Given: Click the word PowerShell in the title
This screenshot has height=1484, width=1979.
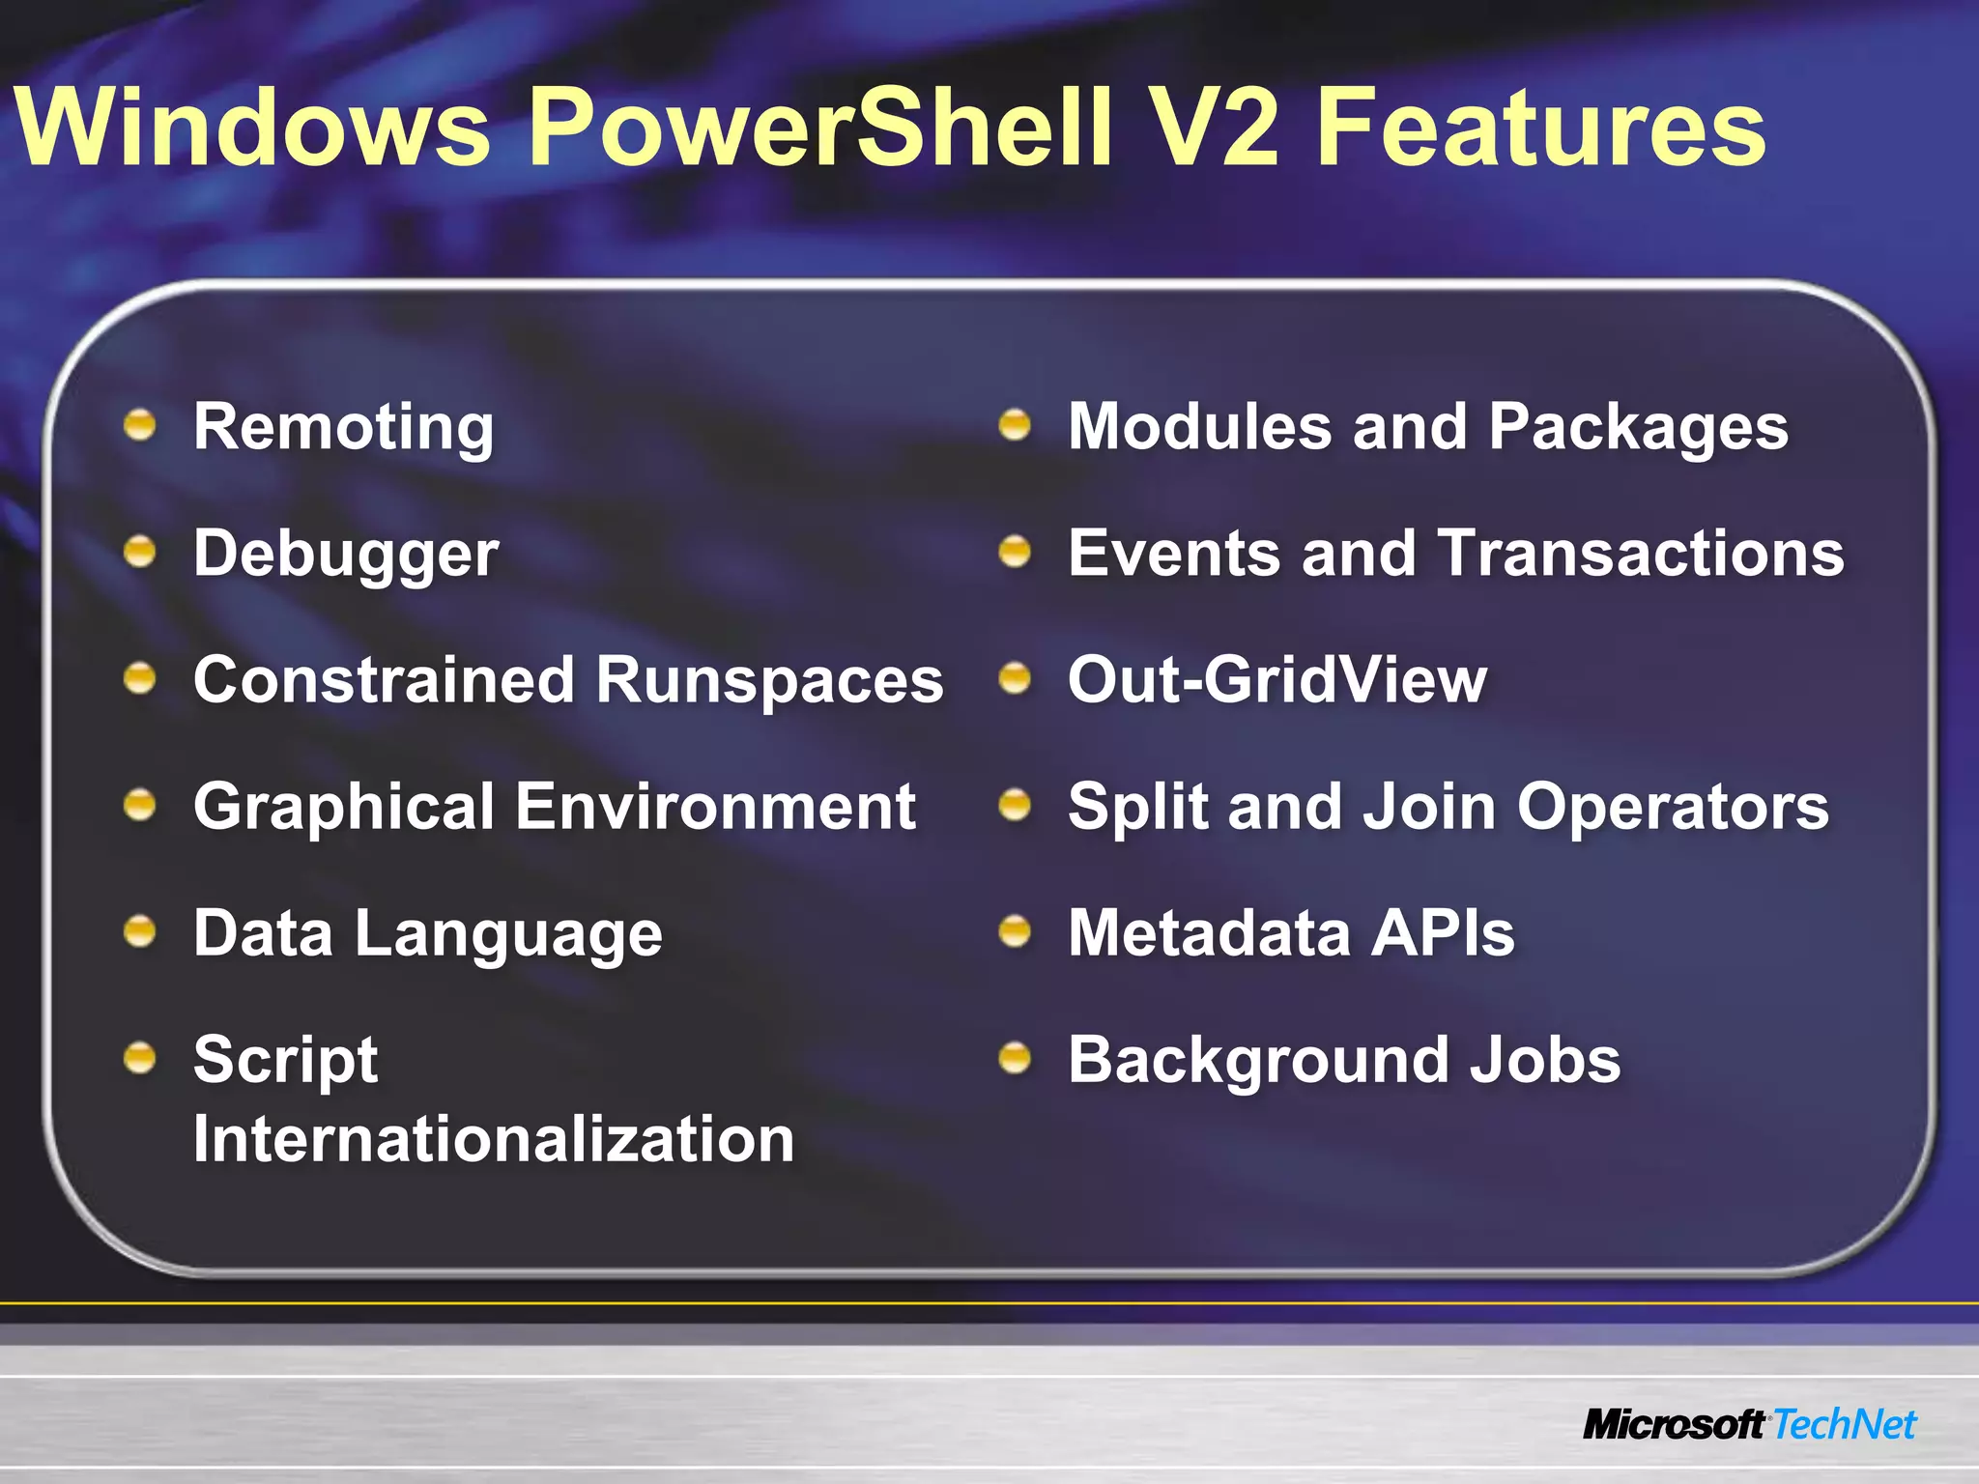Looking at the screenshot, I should [x=821, y=128].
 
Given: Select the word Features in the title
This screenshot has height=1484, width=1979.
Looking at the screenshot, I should [x=1540, y=128].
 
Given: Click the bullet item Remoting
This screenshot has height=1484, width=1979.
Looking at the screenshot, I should [x=343, y=427].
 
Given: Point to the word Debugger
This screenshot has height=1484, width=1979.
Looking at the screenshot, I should [x=346, y=555].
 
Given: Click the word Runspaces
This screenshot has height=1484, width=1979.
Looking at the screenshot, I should [x=769, y=680].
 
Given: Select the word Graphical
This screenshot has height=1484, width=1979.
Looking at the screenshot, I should [x=344, y=808].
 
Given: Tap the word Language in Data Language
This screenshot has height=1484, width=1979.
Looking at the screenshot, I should [x=508, y=934].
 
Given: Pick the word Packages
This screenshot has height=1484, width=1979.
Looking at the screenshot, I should [x=1638, y=427].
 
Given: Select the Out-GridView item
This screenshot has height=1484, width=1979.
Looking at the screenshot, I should [x=1276, y=680].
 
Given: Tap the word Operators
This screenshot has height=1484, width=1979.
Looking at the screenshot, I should [x=1672, y=808].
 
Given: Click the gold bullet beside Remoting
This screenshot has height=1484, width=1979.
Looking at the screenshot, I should [x=140, y=424].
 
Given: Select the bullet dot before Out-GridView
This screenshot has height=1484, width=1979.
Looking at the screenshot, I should [x=1015, y=677].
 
